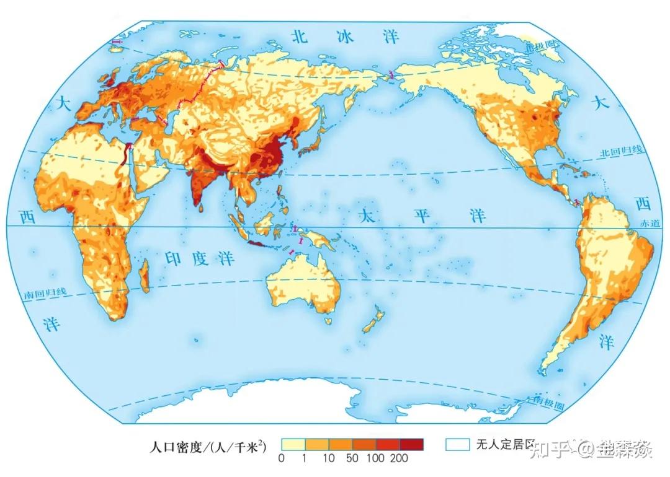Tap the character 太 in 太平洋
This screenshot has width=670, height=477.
pos(368,215)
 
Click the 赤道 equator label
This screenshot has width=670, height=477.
pos(651,222)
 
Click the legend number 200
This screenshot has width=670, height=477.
pos(400,458)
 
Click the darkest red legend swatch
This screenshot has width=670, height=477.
pos(411,445)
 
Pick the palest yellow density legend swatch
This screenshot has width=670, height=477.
pos(293,445)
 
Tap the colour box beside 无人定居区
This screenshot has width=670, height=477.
pos(458,445)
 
